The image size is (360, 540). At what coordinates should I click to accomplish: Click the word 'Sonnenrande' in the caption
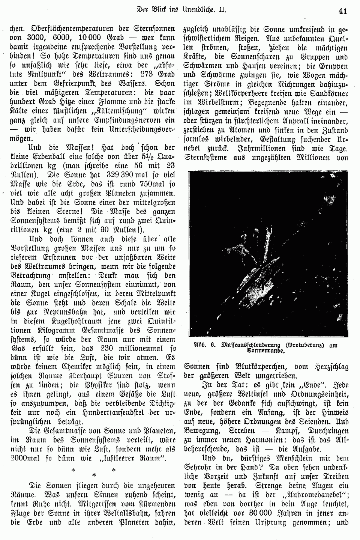[265, 352]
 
